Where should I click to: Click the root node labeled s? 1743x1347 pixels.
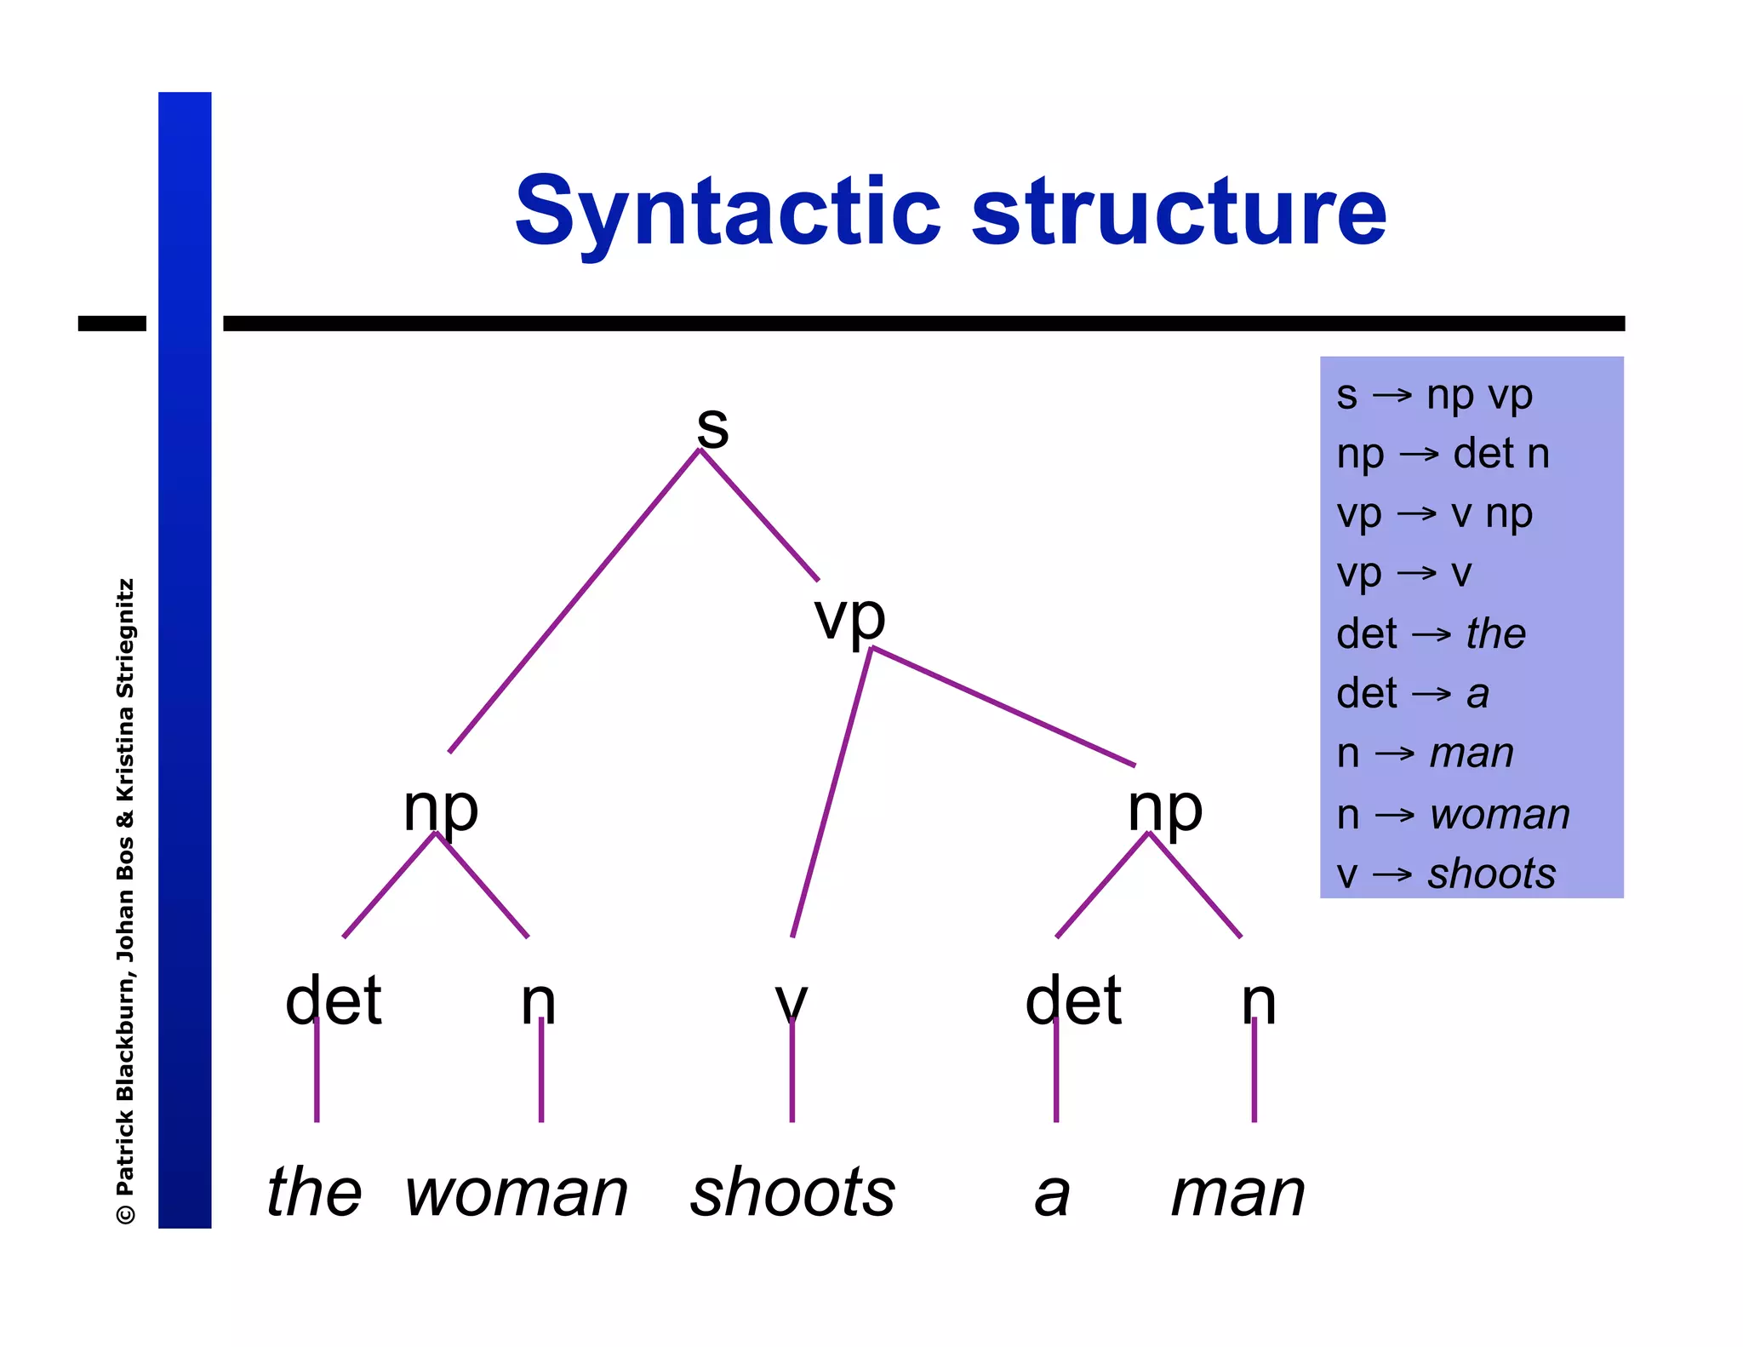tap(712, 426)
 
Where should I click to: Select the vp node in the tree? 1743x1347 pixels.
tap(849, 616)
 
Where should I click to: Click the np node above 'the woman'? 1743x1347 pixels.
tap(440, 808)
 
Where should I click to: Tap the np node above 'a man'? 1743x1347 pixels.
tap(1164, 808)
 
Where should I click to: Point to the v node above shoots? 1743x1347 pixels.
tap(791, 1001)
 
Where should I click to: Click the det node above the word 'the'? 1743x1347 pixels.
tap(333, 1000)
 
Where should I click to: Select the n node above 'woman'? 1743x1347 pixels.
tap(538, 1001)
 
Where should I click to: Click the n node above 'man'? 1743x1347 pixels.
tap(1258, 1001)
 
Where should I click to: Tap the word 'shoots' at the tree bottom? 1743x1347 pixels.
tap(792, 1192)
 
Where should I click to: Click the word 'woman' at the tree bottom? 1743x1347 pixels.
tap(516, 1192)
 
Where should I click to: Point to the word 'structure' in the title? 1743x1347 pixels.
tap(1178, 211)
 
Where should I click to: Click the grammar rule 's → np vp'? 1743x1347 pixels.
tap(1434, 395)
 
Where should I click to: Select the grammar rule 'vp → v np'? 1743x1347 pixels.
tap(1434, 513)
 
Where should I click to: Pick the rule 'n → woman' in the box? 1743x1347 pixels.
tap(1452, 814)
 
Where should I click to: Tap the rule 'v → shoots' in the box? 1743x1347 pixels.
tap(1445, 874)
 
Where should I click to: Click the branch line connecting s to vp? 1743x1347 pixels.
tap(759, 515)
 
